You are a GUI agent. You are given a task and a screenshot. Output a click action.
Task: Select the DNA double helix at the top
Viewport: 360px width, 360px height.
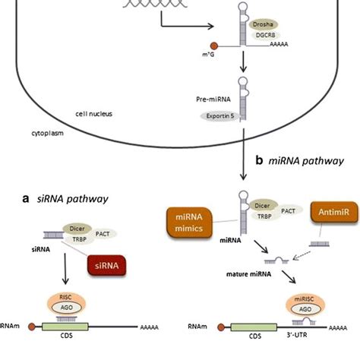132,7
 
